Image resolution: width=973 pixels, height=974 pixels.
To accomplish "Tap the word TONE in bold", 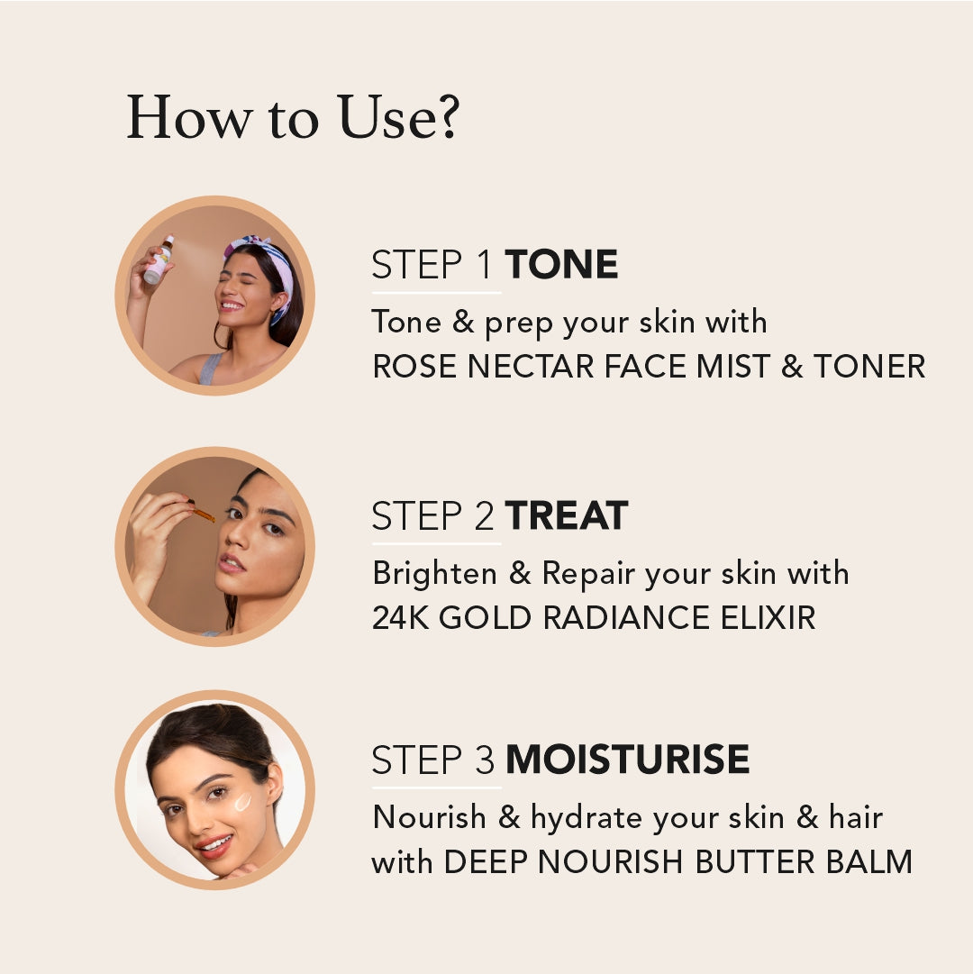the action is [x=561, y=264].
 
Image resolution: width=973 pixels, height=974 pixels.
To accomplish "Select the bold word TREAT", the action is [x=567, y=515].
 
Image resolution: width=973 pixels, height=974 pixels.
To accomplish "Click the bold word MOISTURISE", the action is [x=628, y=759].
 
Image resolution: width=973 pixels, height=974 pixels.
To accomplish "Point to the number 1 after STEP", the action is [x=485, y=264].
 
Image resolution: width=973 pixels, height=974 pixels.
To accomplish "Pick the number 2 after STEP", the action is [x=485, y=515].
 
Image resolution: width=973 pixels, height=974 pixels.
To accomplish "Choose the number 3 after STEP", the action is [x=485, y=759].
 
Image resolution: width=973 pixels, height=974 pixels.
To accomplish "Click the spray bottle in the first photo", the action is [x=159, y=259].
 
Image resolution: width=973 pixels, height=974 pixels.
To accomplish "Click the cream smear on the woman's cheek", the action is [x=242, y=802].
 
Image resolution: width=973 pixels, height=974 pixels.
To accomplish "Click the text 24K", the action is [x=401, y=617].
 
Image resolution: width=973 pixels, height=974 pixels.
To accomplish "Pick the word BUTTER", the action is [x=754, y=861].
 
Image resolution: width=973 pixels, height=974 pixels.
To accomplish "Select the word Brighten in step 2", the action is [x=434, y=573].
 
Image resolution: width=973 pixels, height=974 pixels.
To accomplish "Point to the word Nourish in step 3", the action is [x=430, y=817].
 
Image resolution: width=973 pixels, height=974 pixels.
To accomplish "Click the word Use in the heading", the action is [x=386, y=117].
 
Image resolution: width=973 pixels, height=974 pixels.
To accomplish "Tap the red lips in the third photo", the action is [x=214, y=845].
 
